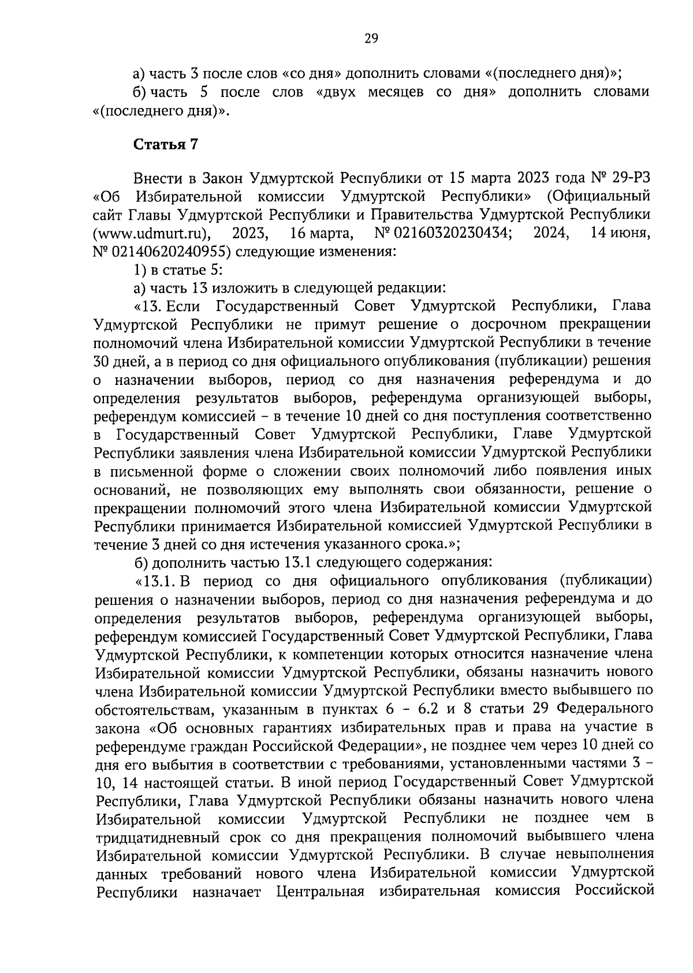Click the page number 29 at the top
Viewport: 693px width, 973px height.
click(371, 39)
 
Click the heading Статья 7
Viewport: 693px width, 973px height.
click(166, 145)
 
